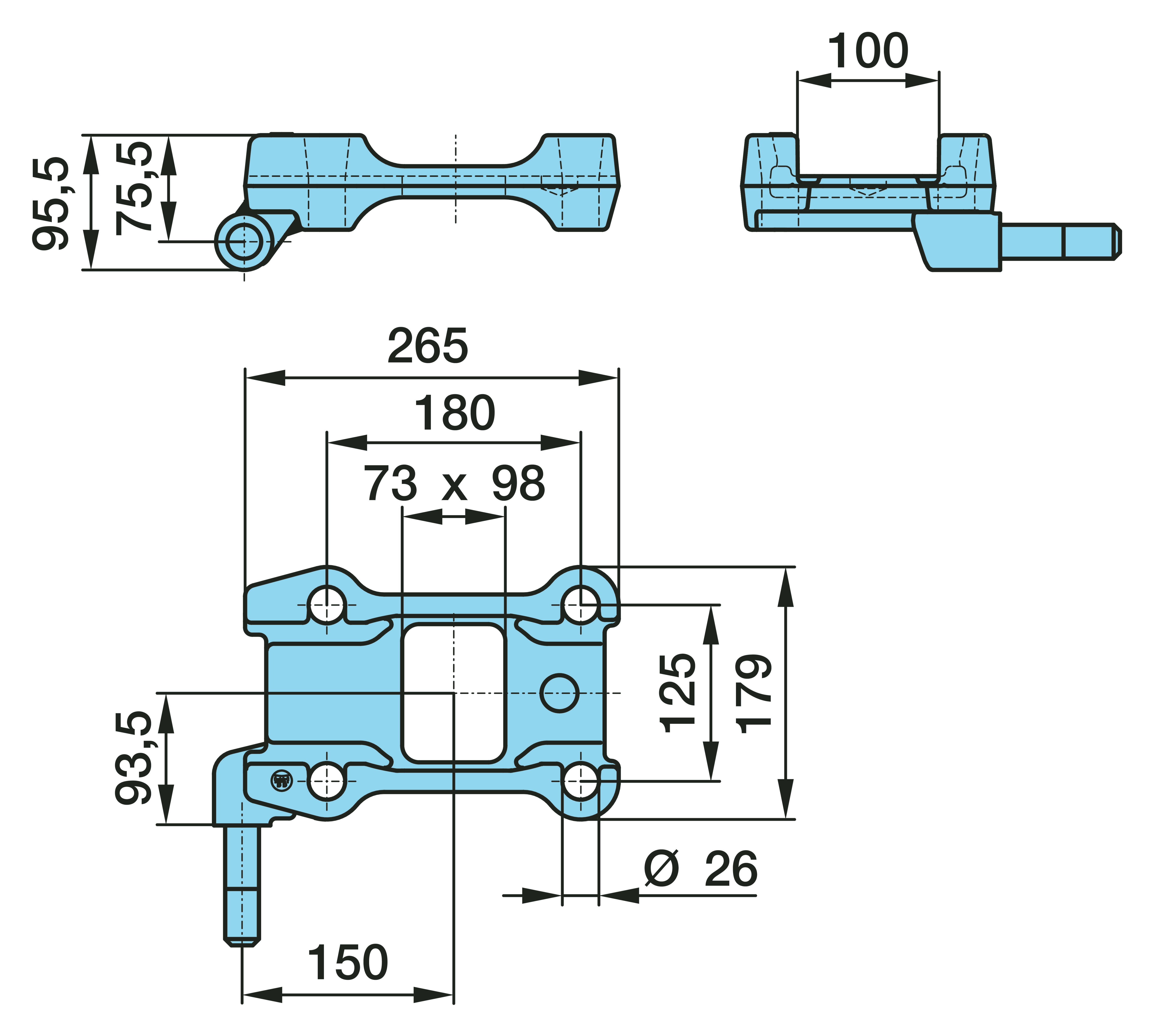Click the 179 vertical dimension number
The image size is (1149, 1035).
point(753,693)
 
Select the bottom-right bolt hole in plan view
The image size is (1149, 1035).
point(581,781)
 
